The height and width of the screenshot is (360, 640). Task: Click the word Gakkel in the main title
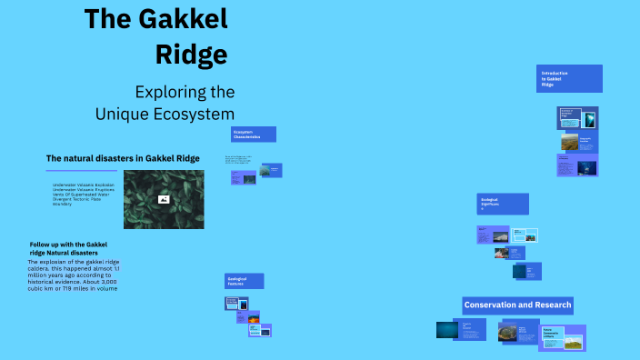[x=179, y=19]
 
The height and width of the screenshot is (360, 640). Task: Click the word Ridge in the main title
[x=191, y=55]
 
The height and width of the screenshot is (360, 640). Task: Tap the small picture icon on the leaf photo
[x=164, y=199]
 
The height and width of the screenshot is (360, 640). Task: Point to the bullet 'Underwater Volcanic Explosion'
[x=84, y=185]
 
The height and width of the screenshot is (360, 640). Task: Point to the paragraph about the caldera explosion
[x=73, y=275]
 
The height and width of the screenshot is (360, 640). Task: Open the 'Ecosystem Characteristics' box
[x=253, y=135]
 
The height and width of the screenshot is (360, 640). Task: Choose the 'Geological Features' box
[x=245, y=282]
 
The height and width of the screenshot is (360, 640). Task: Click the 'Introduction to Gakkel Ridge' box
[x=568, y=78]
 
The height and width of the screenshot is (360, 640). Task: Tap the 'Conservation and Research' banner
[x=517, y=305]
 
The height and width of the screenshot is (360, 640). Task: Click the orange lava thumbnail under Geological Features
[x=255, y=319]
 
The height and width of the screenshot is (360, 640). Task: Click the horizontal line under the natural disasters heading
[x=82, y=170]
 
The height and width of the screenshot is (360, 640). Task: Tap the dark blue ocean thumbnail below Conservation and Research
[x=446, y=329]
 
